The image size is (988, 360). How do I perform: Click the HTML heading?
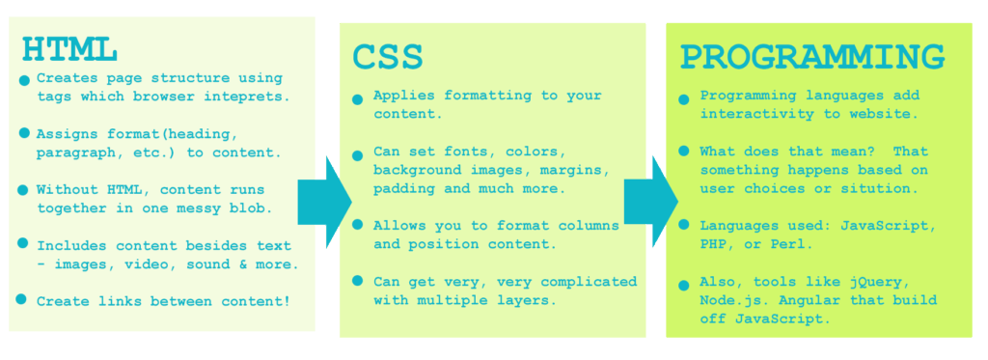point(69,49)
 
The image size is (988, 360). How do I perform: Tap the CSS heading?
point(388,57)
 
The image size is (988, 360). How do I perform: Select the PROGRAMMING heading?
point(812,57)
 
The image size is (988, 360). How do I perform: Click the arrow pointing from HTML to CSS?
point(324,202)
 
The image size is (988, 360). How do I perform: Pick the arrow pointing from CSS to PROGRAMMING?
point(651,202)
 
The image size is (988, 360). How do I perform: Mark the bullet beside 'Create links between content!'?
point(21,299)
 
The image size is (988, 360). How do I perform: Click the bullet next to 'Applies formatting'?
point(357,99)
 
